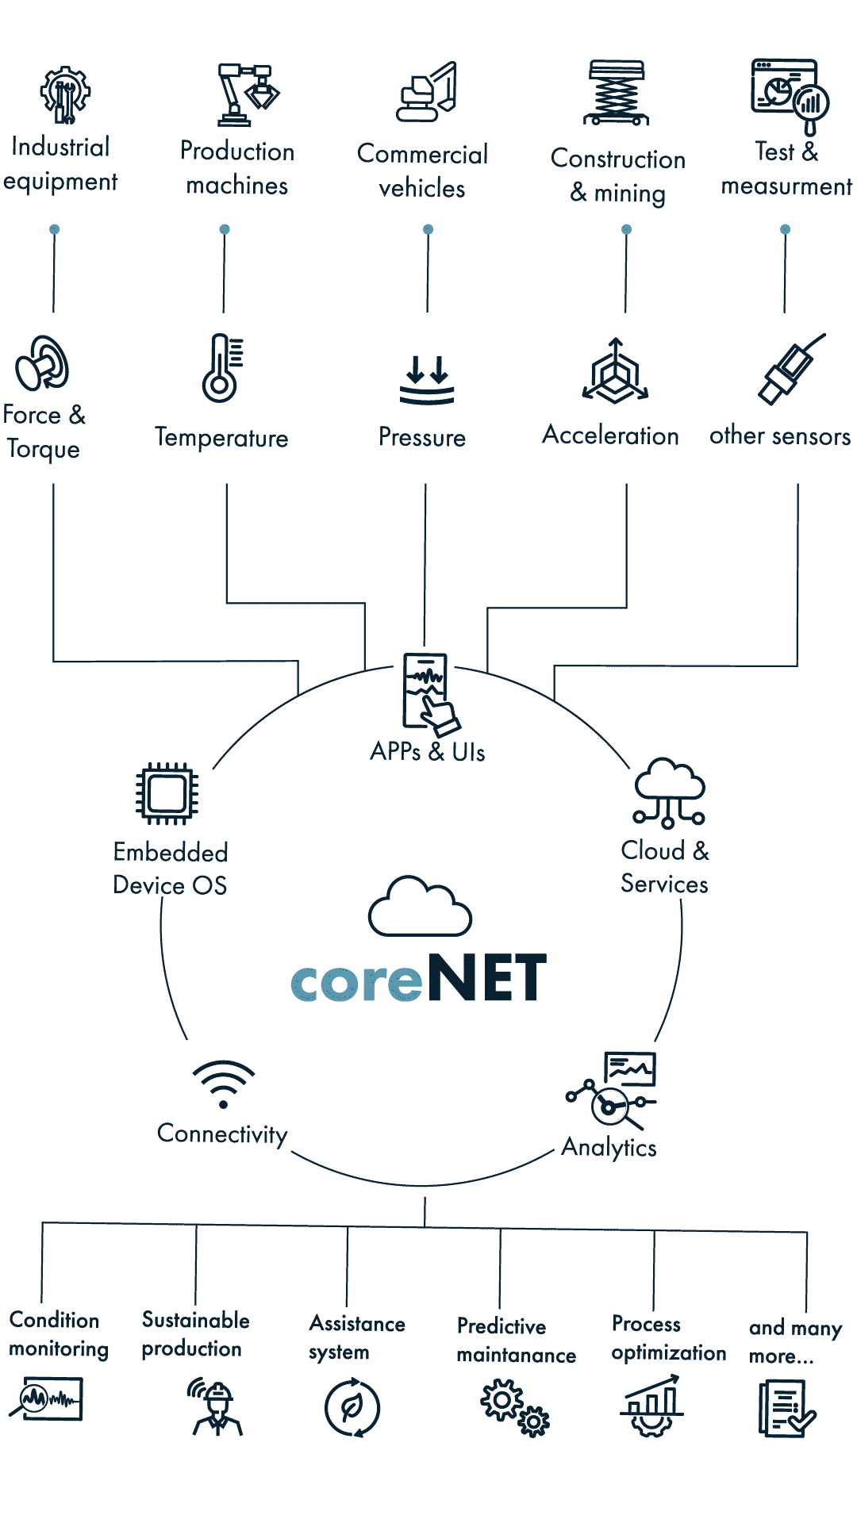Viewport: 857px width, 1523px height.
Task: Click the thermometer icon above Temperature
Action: click(x=222, y=367)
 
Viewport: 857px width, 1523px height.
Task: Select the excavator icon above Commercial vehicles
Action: click(x=427, y=92)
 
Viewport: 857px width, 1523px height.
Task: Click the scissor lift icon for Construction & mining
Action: click(x=617, y=93)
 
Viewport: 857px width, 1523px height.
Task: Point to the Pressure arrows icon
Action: click(x=427, y=380)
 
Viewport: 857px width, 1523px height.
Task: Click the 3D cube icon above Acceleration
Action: click(x=616, y=371)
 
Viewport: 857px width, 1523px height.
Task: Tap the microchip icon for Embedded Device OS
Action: click(x=167, y=793)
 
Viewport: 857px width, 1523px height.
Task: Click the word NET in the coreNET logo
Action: click(x=486, y=978)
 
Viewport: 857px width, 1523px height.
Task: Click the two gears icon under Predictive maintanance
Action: click(x=514, y=1407)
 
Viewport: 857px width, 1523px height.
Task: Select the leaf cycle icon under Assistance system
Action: click(x=352, y=1407)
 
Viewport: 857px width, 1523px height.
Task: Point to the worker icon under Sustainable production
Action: click(x=216, y=1407)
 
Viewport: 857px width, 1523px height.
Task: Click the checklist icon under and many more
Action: click(x=786, y=1408)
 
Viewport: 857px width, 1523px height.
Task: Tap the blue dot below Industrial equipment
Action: click(x=54, y=229)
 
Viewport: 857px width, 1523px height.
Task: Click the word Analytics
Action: click(x=609, y=1148)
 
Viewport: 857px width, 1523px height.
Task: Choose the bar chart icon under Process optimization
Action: click(x=651, y=1406)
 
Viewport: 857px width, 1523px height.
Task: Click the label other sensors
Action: click(x=779, y=436)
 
